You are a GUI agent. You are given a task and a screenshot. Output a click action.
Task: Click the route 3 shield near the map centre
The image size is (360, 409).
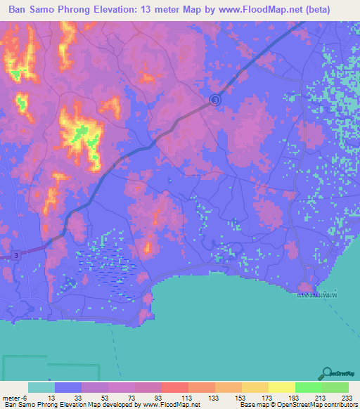216,101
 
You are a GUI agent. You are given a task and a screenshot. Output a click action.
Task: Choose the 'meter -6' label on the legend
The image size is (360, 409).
15,397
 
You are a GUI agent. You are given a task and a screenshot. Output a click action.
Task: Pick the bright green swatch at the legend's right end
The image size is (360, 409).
335,387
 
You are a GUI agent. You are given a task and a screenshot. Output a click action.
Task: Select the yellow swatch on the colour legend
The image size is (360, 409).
282,387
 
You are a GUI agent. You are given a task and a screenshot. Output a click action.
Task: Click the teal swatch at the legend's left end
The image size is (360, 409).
41,387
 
